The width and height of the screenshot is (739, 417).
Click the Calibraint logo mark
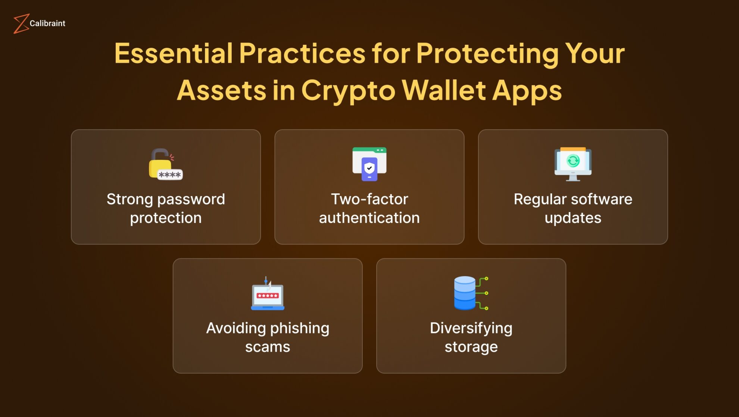pos(21,24)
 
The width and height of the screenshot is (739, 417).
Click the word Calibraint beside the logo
pos(47,24)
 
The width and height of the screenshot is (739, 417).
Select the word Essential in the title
pos(174,53)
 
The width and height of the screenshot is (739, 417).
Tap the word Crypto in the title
pos(348,90)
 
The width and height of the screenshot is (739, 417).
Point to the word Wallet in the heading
pos(444,90)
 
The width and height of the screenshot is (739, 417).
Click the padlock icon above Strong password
pos(160,163)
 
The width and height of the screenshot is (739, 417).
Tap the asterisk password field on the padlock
pos(170,175)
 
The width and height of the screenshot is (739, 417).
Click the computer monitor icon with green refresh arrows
pos(573,164)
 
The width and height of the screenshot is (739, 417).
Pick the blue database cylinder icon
pos(465,293)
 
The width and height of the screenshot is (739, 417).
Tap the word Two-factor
pos(369,199)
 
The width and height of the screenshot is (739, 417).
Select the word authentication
pos(369,218)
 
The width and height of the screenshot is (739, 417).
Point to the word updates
pos(573,218)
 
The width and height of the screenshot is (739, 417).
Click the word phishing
pos(299,329)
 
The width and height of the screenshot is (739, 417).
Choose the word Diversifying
pos(471,329)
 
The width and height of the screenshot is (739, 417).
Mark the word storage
pos(471,347)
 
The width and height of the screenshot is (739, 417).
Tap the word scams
pos(268,347)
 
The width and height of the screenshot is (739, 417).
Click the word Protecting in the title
pos(487,53)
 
